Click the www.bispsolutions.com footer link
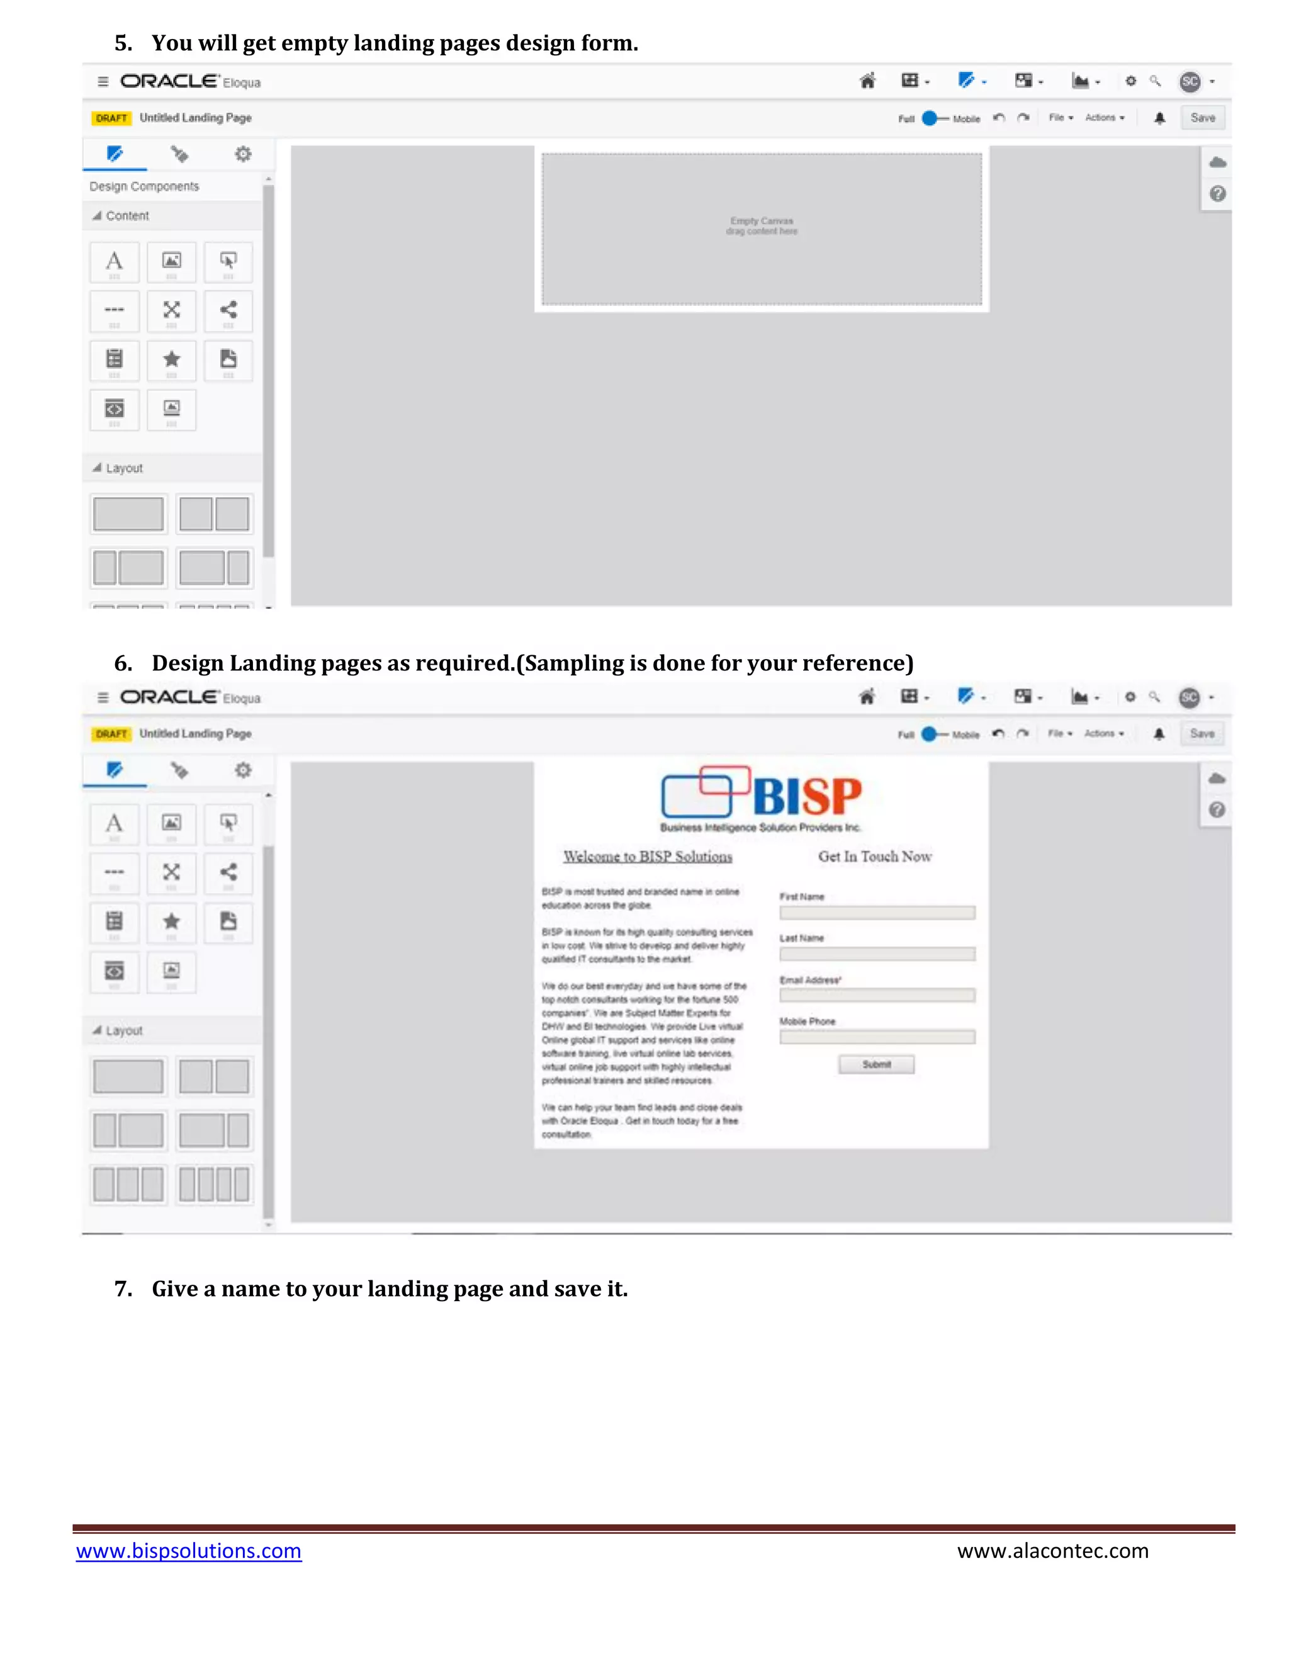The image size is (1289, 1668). click(189, 1551)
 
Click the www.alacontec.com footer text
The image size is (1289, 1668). click(1052, 1551)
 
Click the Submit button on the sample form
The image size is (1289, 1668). click(876, 1064)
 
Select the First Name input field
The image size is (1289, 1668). click(877, 913)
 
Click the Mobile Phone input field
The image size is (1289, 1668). click(877, 1037)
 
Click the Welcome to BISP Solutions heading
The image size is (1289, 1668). click(648, 857)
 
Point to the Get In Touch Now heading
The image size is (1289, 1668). click(874, 857)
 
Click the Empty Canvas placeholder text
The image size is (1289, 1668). click(762, 226)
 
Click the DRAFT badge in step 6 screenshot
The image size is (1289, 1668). click(111, 734)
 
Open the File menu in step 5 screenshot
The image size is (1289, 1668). click(1060, 118)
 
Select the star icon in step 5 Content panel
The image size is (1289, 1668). click(172, 359)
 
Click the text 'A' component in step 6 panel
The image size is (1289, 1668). click(115, 823)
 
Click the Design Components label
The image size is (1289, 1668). click(144, 186)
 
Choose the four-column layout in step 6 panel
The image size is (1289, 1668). click(215, 1185)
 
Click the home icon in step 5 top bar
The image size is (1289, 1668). click(867, 81)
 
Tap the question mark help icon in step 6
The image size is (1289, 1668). click(1217, 809)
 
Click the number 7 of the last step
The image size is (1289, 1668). click(122, 1289)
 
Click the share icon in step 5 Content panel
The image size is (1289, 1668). click(228, 310)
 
